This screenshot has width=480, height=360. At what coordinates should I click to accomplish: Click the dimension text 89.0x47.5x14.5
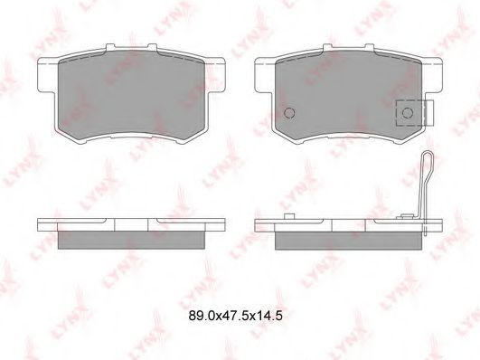point(235,316)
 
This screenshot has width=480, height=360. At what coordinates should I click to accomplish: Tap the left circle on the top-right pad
point(289,113)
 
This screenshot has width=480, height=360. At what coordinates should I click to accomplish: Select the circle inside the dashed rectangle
point(408,113)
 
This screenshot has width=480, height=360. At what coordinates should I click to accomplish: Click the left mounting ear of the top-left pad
point(46,74)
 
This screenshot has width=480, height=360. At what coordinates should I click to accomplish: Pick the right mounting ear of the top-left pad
point(215,74)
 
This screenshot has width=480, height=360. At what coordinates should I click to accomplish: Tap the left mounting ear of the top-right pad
point(264,74)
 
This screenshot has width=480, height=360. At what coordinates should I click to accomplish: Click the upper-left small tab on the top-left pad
point(110,46)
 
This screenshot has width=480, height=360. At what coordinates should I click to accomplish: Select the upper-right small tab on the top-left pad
point(153,46)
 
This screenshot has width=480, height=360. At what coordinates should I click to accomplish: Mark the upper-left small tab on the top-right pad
point(327,46)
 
